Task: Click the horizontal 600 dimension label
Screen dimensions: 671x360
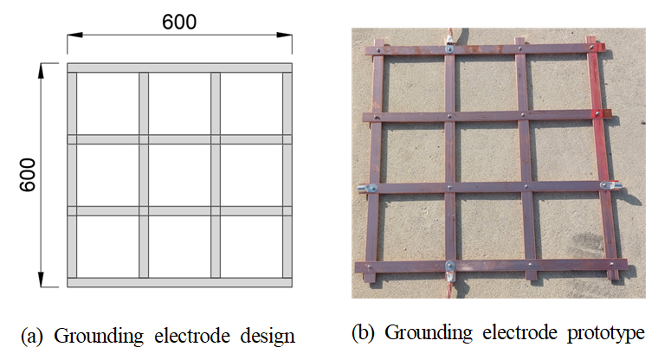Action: click(179, 22)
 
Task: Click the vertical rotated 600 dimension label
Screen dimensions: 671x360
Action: click(28, 175)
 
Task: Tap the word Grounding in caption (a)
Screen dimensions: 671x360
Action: click(99, 337)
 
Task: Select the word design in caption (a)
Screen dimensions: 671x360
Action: click(268, 336)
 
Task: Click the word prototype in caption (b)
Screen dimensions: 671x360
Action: click(606, 333)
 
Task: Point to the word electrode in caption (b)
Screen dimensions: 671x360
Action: click(520, 332)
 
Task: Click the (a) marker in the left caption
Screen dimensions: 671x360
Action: click(32, 337)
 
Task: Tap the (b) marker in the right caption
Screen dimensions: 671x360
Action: click(363, 333)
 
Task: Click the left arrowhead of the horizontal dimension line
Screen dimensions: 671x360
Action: click(74, 35)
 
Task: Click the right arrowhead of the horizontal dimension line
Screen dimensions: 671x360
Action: click(285, 35)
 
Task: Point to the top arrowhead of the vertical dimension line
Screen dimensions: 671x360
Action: click(41, 71)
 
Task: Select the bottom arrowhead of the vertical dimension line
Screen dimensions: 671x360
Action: click(41, 280)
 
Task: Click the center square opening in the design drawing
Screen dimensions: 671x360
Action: click(180, 176)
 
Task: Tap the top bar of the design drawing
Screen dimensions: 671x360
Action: click(180, 68)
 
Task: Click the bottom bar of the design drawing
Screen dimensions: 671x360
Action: click(180, 282)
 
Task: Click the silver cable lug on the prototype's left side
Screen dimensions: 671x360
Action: click(368, 188)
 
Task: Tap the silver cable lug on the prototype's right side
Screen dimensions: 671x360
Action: click(610, 185)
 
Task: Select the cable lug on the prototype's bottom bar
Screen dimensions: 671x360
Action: click(450, 271)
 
